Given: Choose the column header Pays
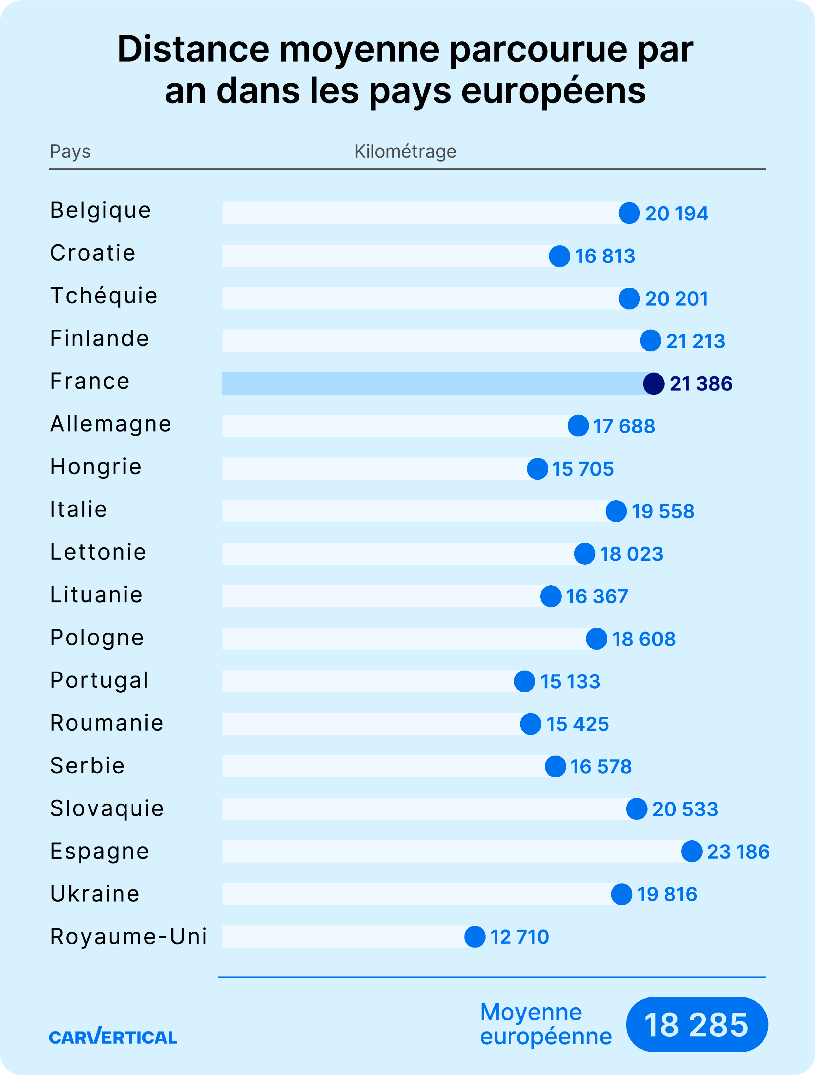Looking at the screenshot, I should coord(70,152).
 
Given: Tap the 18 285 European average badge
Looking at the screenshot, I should coord(696,1025).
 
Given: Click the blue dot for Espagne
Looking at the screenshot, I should coord(691,852).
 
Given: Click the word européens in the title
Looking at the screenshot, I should coord(553,91).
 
